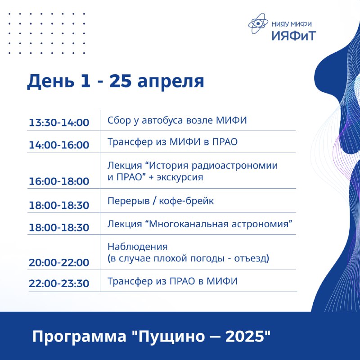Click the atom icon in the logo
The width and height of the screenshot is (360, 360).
258,23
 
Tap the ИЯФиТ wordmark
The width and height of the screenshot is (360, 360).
294,36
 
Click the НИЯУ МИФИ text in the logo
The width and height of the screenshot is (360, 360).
292,24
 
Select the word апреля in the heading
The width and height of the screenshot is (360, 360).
171,82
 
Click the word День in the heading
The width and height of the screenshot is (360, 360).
51,81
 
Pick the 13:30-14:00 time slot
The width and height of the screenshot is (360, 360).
59,122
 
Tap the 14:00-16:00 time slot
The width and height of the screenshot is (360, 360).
59,145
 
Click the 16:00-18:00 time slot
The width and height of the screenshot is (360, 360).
59,181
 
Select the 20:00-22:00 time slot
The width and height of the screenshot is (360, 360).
59,262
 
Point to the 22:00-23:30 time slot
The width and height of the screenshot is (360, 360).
59,283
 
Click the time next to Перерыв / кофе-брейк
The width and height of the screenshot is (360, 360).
59,205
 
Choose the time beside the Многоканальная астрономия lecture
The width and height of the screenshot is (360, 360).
59,228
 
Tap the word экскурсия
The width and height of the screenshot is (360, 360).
180,177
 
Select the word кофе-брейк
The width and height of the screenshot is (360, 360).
186,201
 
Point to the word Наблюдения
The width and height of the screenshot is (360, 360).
138,247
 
